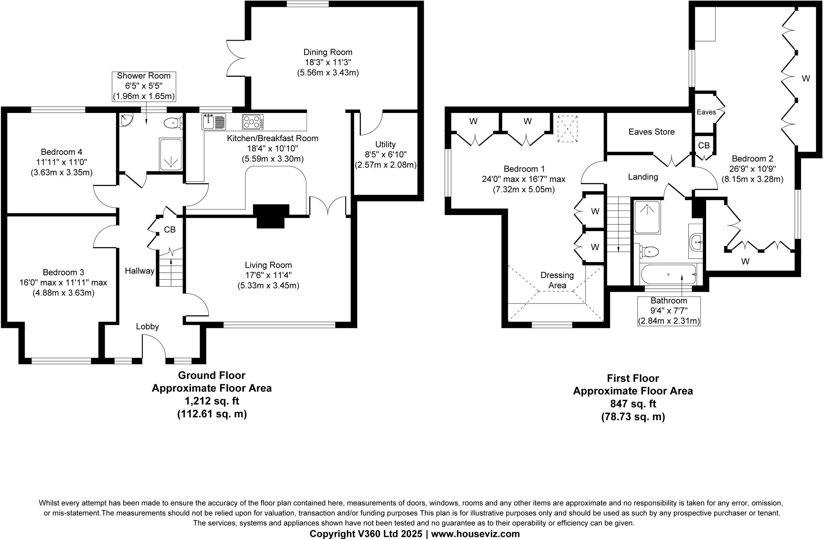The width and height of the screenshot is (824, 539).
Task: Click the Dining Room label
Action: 328,52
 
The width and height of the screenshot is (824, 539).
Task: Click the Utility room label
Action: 385,144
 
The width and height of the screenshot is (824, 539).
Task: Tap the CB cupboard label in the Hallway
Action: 169,230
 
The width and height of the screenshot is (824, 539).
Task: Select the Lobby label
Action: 147,326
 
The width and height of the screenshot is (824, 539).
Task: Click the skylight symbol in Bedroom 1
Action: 567,128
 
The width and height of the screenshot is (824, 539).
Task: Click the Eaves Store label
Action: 651,132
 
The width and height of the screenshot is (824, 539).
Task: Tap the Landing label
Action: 643,177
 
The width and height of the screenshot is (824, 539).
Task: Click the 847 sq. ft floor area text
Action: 633,404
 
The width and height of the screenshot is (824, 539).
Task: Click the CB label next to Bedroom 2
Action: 704,146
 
